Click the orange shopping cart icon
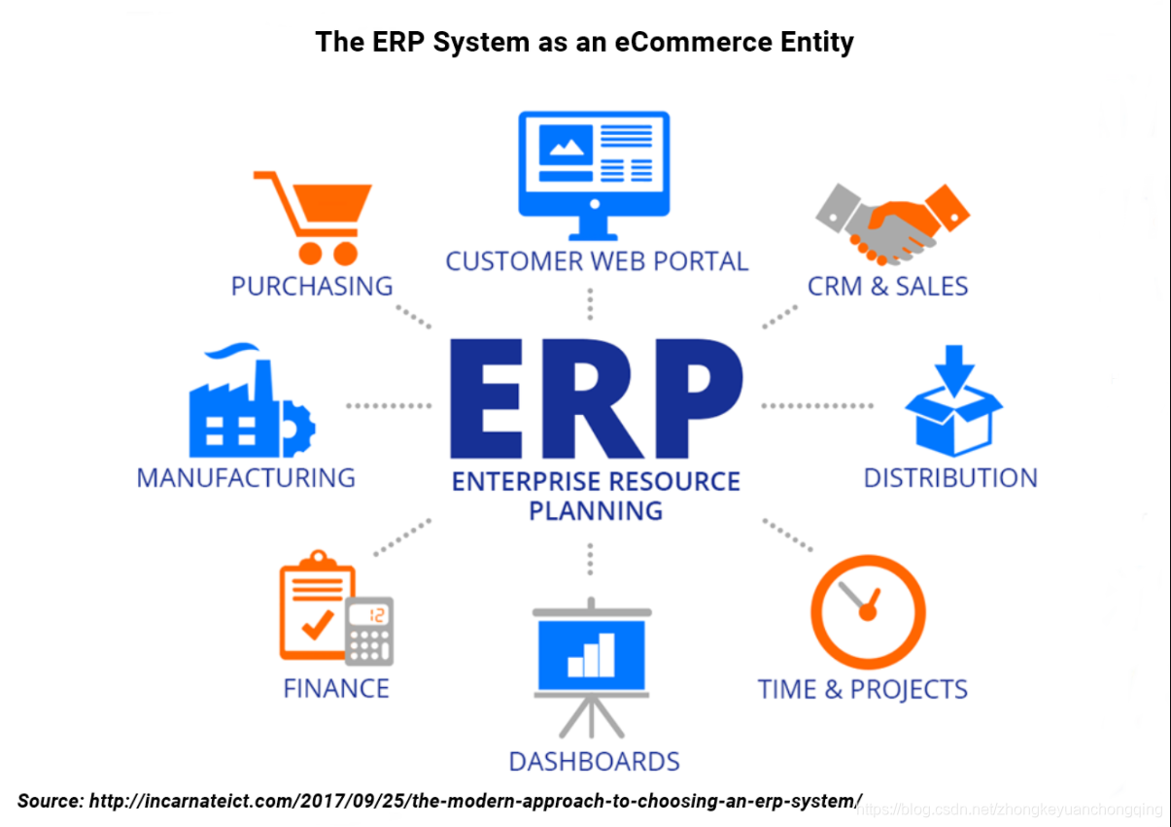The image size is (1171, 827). [x=311, y=216]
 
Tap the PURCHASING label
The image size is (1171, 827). [x=312, y=286]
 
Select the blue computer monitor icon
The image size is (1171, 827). [x=593, y=173]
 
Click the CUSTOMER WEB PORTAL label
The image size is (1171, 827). [x=597, y=261]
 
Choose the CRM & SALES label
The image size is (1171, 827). [x=887, y=286]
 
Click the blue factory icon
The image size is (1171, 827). [x=250, y=402]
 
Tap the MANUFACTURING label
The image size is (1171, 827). [x=246, y=478]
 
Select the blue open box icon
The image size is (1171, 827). [x=952, y=405]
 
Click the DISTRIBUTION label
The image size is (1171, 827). [x=950, y=478]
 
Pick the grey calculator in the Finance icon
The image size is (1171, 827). [x=370, y=630]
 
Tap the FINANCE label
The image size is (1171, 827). [x=336, y=689]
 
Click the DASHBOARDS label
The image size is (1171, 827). [x=595, y=761]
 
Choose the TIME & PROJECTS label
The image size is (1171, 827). [x=862, y=689]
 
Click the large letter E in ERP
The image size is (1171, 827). [x=495, y=398]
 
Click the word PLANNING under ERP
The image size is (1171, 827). [x=596, y=510]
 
